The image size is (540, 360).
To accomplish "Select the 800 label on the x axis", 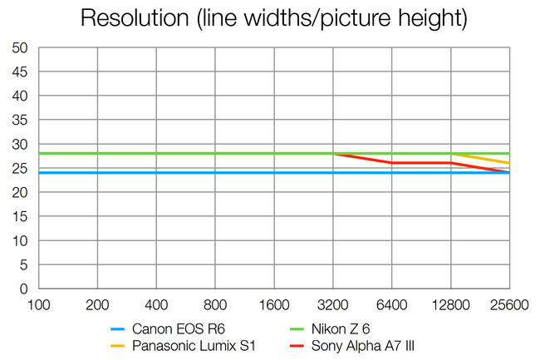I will click(x=215, y=305).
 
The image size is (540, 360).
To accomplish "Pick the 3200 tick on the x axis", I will click(x=333, y=305).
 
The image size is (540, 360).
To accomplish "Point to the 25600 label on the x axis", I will click(x=508, y=305).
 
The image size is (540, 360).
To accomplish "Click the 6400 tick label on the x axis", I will click(x=392, y=305).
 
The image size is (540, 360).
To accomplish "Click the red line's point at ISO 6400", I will click(x=392, y=163).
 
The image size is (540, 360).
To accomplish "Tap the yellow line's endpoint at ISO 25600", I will click(x=509, y=163).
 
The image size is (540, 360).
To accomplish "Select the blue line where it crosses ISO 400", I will click(x=157, y=173).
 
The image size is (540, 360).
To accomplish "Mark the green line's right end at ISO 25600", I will click(x=509, y=154).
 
